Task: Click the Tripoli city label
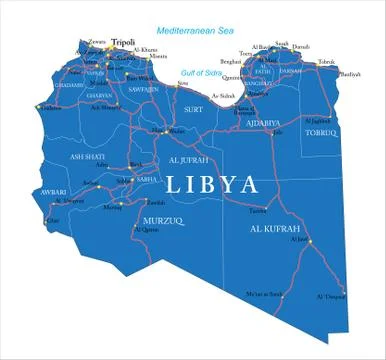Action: point(123,42)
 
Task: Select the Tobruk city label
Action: point(326,61)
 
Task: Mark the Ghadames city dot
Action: point(38,107)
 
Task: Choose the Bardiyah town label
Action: point(350,73)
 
